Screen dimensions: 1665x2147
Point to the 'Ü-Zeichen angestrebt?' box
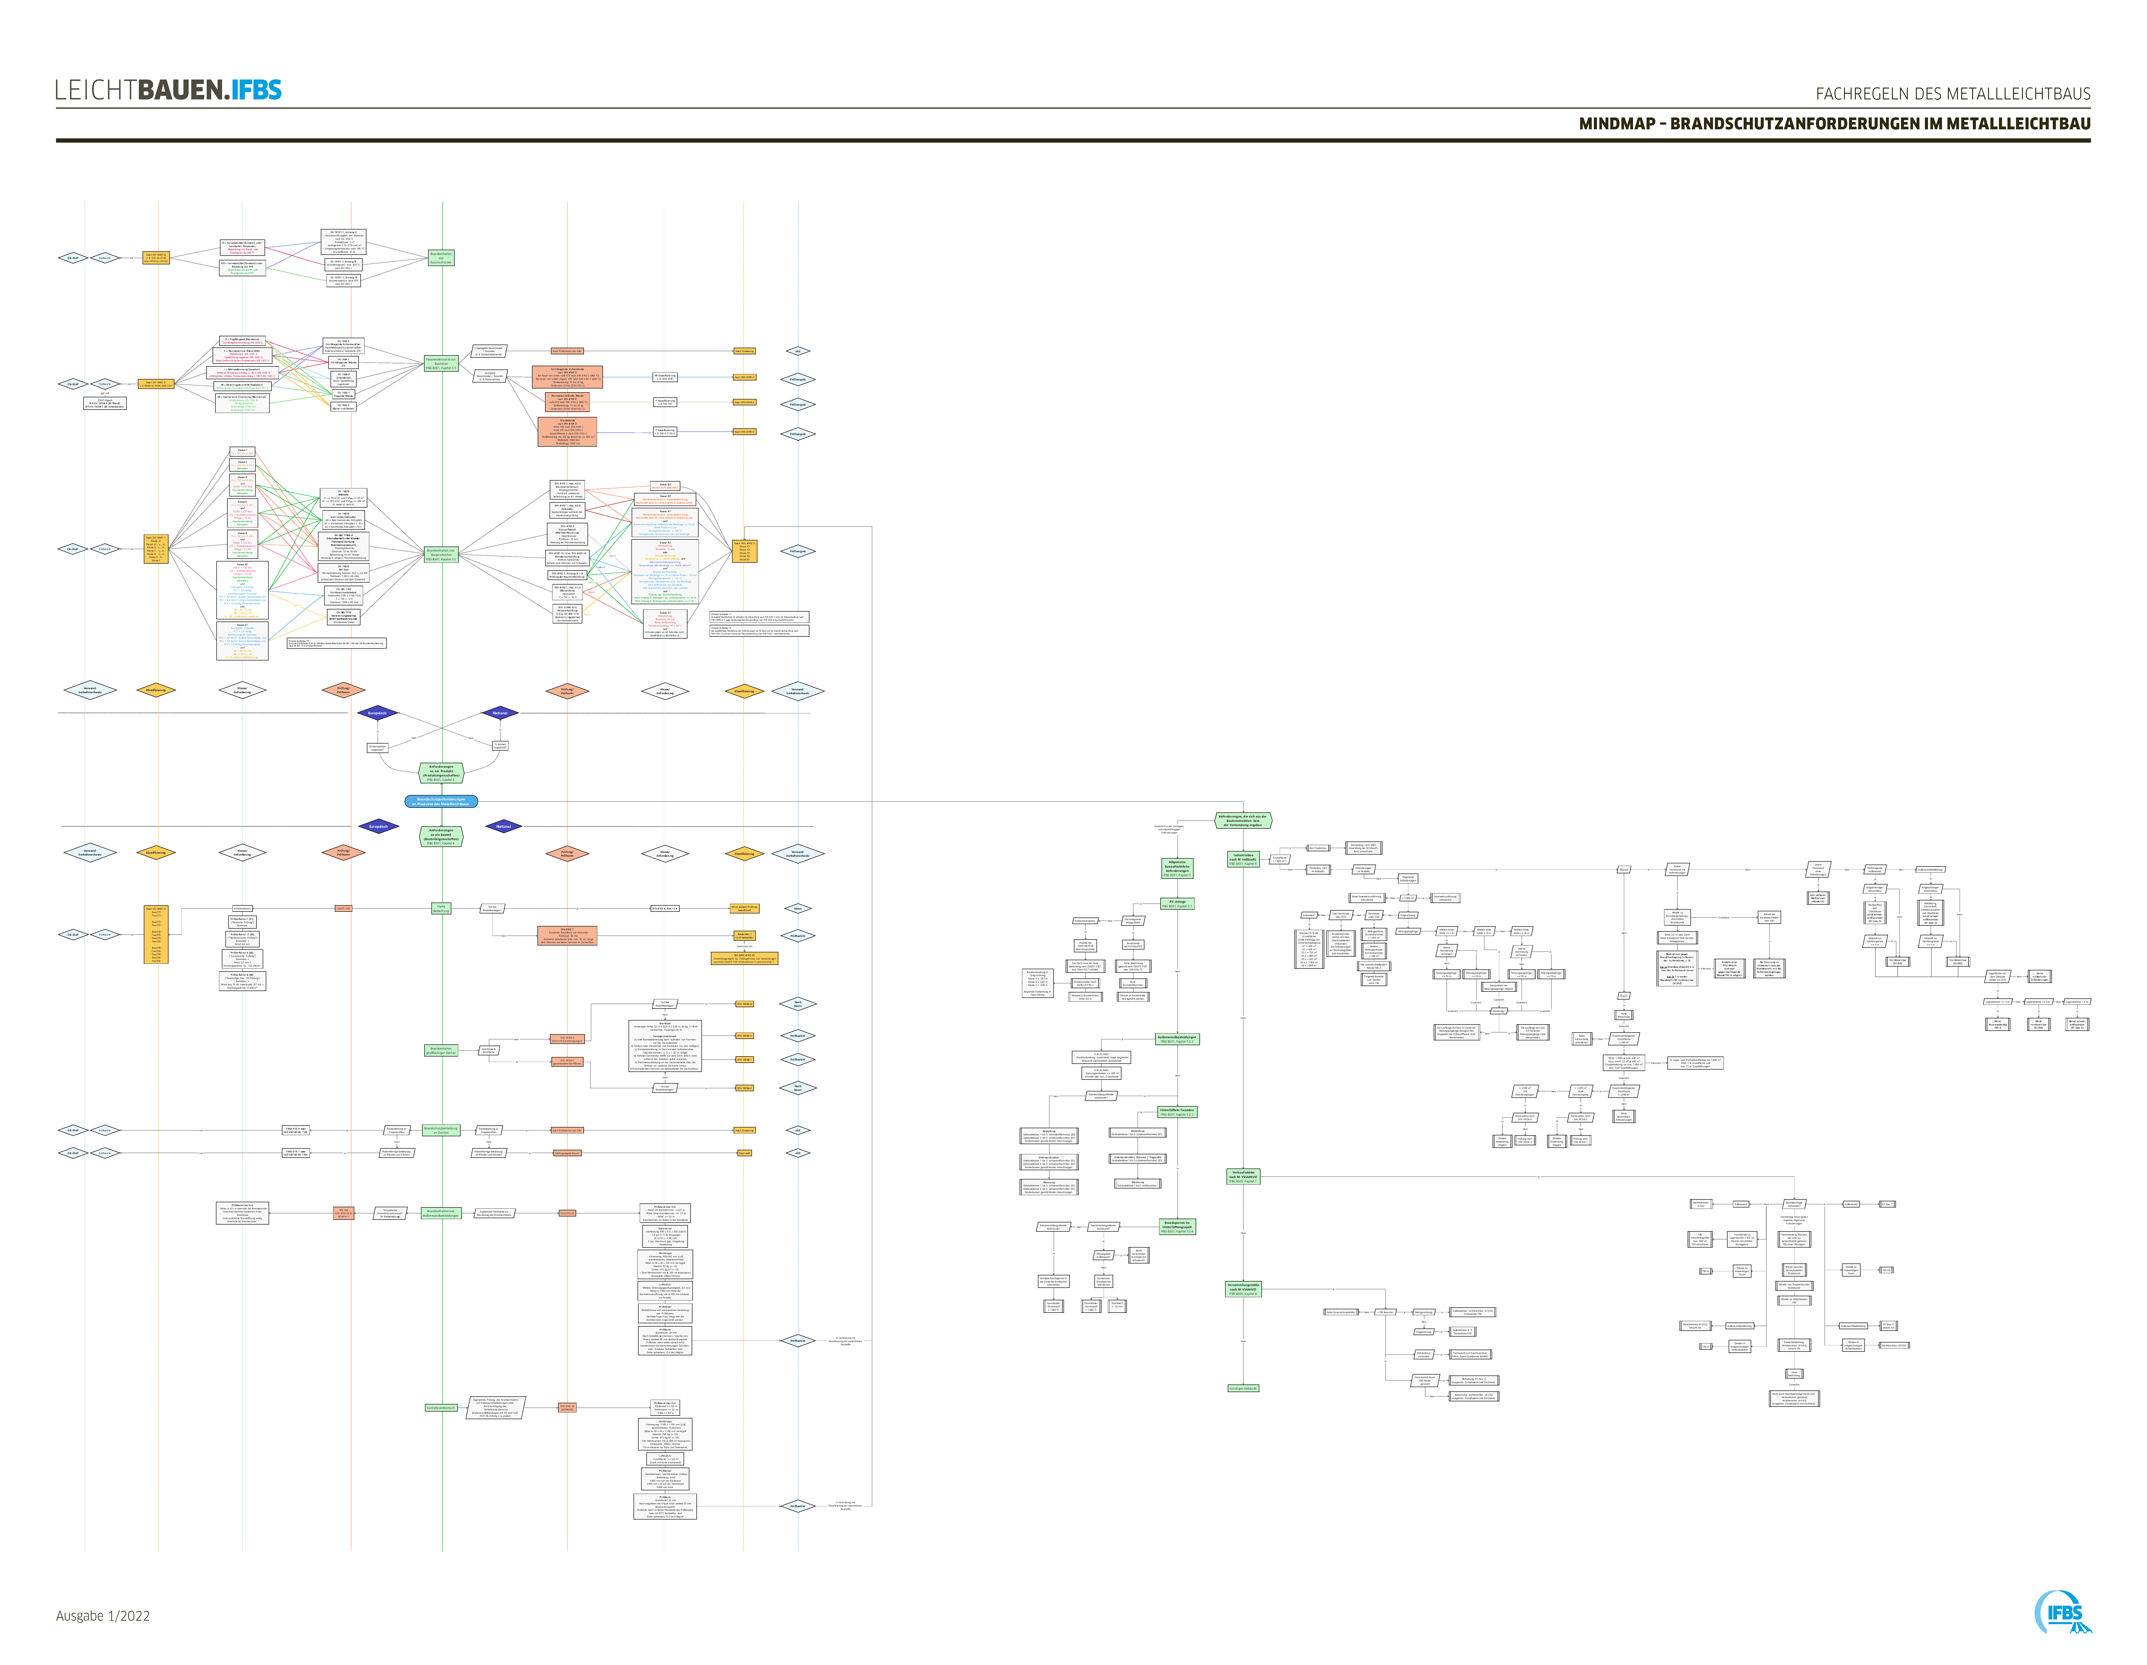point(500,746)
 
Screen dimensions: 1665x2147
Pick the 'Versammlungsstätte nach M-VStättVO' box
point(1244,1289)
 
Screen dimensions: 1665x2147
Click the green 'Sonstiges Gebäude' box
point(1244,1388)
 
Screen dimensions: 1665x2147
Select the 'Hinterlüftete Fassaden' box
point(1177,1112)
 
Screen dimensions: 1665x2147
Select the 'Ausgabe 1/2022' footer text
point(103,1616)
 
